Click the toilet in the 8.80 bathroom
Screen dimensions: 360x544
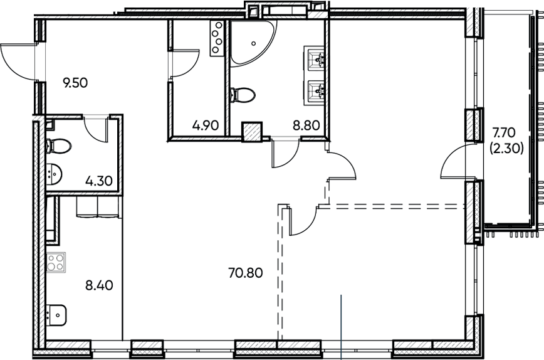(x=243, y=95)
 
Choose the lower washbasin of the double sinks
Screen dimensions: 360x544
(x=317, y=91)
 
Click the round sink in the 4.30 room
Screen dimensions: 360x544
(x=54, y=172)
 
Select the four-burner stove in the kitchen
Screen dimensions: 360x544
(x=56, y=260)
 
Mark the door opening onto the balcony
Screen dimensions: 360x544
(x=455, y=162)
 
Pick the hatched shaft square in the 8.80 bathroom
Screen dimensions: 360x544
(x=251, y=130)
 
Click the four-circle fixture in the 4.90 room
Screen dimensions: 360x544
(x=217, y=36)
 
